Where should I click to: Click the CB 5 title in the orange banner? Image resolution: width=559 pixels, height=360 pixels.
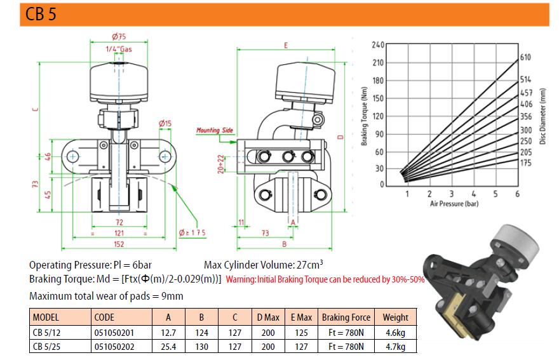pos(41,14)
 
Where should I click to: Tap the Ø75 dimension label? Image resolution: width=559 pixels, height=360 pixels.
pos(119,36)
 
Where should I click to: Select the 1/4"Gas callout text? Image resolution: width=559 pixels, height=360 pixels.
pos(119,49)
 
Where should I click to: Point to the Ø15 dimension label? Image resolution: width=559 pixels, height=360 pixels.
pos(165,123)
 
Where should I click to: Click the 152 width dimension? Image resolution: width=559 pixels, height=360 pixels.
pos(119,244)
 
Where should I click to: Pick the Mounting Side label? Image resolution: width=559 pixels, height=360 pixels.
pos(215,130)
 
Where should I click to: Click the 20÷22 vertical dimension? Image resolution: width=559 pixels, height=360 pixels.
pos(221,164)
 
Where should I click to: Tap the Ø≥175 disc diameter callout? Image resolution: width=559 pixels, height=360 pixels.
pos(192,233)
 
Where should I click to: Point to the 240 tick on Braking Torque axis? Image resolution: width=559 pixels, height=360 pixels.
pos(378,45)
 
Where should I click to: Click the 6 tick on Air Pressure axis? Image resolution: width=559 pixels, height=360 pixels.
pos(517,194)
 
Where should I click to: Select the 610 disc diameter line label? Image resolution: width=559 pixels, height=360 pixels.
pos(525,57)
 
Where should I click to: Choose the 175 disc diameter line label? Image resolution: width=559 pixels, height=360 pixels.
pos(525,163)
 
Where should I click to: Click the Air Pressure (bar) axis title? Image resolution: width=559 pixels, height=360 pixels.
pos(454,204)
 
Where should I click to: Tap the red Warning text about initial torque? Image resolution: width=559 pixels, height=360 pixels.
pos(325,279)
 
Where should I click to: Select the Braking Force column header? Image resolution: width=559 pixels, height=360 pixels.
pos(346,317)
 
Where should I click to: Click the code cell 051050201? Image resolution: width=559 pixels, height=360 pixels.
pos(114,333)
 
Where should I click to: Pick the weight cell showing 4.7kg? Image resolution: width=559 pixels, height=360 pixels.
pos(395,347)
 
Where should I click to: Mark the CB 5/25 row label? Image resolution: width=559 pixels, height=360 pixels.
pos(47,347)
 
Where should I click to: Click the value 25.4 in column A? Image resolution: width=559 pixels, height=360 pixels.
pos(168,347)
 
